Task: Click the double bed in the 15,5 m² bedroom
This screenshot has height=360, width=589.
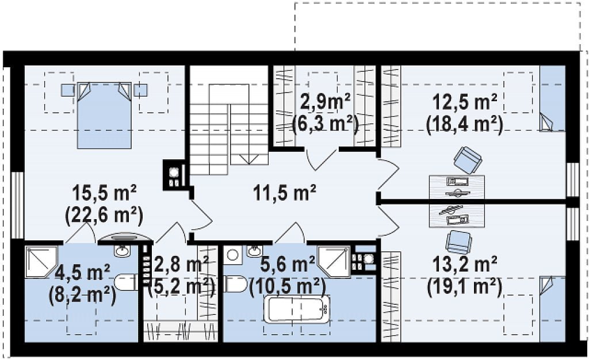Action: [x=105, y=115]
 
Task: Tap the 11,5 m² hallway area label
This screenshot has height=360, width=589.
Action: [x=284, y=193]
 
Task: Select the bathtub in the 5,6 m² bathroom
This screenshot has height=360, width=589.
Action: [x=297, y=309]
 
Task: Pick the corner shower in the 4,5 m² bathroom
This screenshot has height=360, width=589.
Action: [x=41, y=262]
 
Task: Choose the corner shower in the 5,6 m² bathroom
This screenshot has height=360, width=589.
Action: [x=334, y=262]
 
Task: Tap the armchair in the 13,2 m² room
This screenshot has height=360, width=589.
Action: [x=458, y=242]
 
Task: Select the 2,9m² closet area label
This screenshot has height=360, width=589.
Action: [x=326, y=102]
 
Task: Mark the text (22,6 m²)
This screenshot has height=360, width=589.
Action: [x=104, y=216]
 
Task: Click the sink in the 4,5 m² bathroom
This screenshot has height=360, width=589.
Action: [x=122, y=250]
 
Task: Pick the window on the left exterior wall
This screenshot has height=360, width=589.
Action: [x=17, y=205]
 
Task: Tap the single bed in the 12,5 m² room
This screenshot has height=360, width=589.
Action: [x=553, y=98]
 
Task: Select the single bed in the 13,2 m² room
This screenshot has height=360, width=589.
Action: [x=553, y=309]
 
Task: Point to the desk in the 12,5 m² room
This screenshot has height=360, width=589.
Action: [x=457, y=186]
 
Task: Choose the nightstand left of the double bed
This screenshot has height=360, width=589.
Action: [x=68, y=90]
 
